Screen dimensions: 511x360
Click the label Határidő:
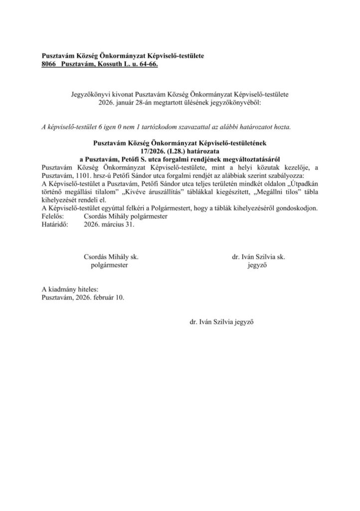point(56,224)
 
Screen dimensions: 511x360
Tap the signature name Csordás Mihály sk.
point(110,257)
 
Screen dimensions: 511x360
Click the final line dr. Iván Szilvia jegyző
point(222,322)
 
